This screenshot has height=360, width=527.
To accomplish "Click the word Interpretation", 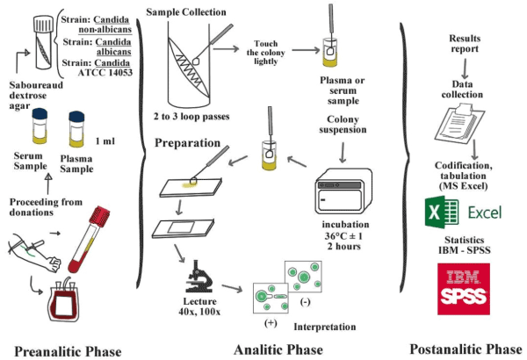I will point(325,327).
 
